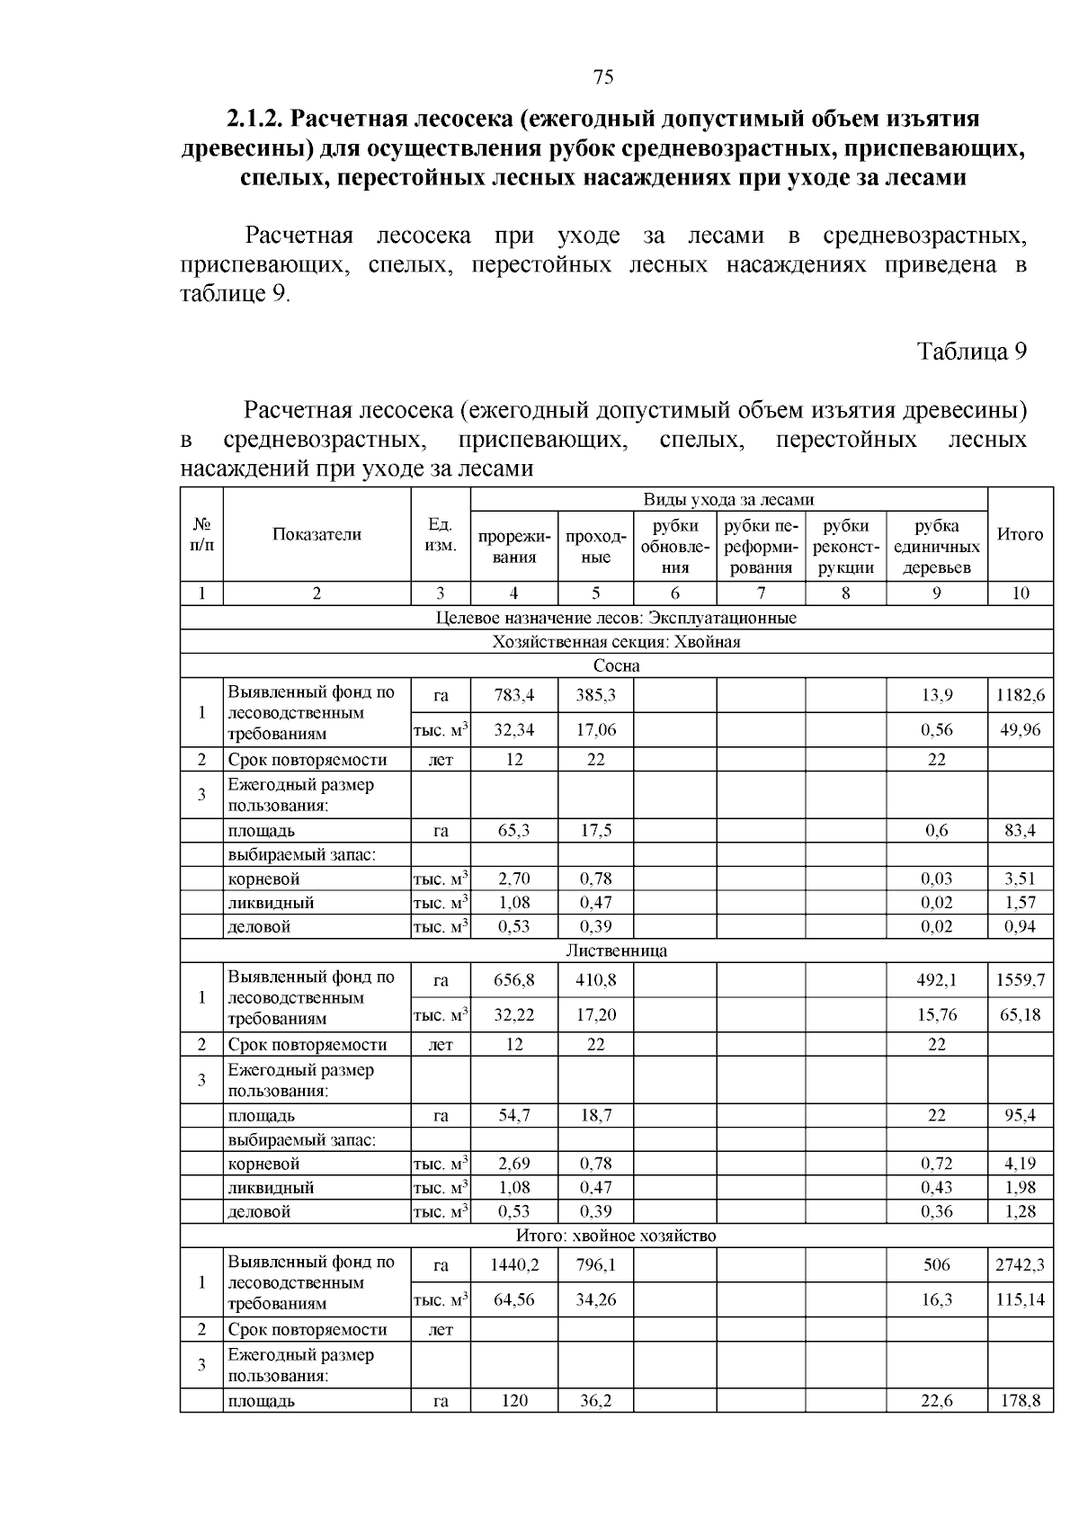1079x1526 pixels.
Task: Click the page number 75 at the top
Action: click(603, 77)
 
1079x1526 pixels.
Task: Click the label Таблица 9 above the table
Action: click(971, 352)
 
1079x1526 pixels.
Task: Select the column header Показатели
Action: click(317, 534)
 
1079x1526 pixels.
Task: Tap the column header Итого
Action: click(1020, 534)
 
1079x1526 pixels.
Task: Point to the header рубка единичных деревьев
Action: click(937, 547)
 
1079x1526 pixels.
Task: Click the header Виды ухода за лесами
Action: click(728, 500)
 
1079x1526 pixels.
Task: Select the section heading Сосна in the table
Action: click(616, 666)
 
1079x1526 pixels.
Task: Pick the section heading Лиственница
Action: click(616, 950)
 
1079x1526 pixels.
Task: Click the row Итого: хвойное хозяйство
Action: click(616, 1236)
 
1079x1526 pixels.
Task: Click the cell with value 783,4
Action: click(513, 695)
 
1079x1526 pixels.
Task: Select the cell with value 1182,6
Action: click(1020, 695)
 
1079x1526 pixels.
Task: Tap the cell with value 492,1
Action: click(936, 980)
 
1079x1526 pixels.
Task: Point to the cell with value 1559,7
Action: click(1020, 980)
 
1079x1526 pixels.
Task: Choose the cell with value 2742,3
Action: click(1020, 1265)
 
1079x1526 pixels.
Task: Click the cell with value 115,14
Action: click(1020, 1299)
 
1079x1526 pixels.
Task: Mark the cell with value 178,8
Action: click(1020, 1401)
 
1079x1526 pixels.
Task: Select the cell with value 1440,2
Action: click(513, 1265)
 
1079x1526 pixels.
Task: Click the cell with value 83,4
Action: click(1020, 831)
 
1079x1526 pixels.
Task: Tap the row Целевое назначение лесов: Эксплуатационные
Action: click(616, 618)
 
